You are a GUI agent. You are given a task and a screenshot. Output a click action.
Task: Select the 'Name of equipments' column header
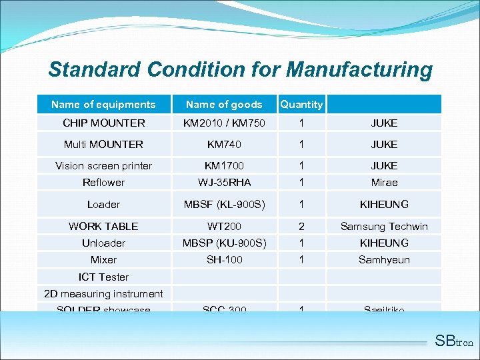[103, 104]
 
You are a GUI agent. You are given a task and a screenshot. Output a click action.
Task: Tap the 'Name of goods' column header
[224, 104]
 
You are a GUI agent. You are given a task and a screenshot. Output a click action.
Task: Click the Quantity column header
[301, 104]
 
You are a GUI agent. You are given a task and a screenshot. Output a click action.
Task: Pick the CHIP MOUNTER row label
[103, 123]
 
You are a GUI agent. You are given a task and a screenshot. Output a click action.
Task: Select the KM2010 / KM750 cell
[225, 123]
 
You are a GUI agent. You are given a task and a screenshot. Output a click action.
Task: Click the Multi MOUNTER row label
[103, 144]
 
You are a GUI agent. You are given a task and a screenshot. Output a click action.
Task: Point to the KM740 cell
[225, 144]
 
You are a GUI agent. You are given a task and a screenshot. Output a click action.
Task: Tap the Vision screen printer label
[103, 165]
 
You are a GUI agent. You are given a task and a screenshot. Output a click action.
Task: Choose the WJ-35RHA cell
[225, 182]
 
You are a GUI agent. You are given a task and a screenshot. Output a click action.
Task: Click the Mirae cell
[384, 182]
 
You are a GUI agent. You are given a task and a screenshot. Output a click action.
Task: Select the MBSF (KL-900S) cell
[225, 204]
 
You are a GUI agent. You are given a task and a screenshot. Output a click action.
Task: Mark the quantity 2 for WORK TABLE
[301, 227]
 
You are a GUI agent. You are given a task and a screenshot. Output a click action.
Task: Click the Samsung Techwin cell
[384, 227]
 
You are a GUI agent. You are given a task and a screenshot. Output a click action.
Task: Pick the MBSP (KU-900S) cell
[225, 243]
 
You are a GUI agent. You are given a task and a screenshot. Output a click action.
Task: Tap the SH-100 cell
[225, 259]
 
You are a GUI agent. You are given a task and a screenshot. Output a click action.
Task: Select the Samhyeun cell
[384, 259]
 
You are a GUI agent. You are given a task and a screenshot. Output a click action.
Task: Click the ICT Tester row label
[103, 277]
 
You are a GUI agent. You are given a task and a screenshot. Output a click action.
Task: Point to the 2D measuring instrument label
[103, 293]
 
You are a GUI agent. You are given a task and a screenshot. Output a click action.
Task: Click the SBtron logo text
[453, 341]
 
